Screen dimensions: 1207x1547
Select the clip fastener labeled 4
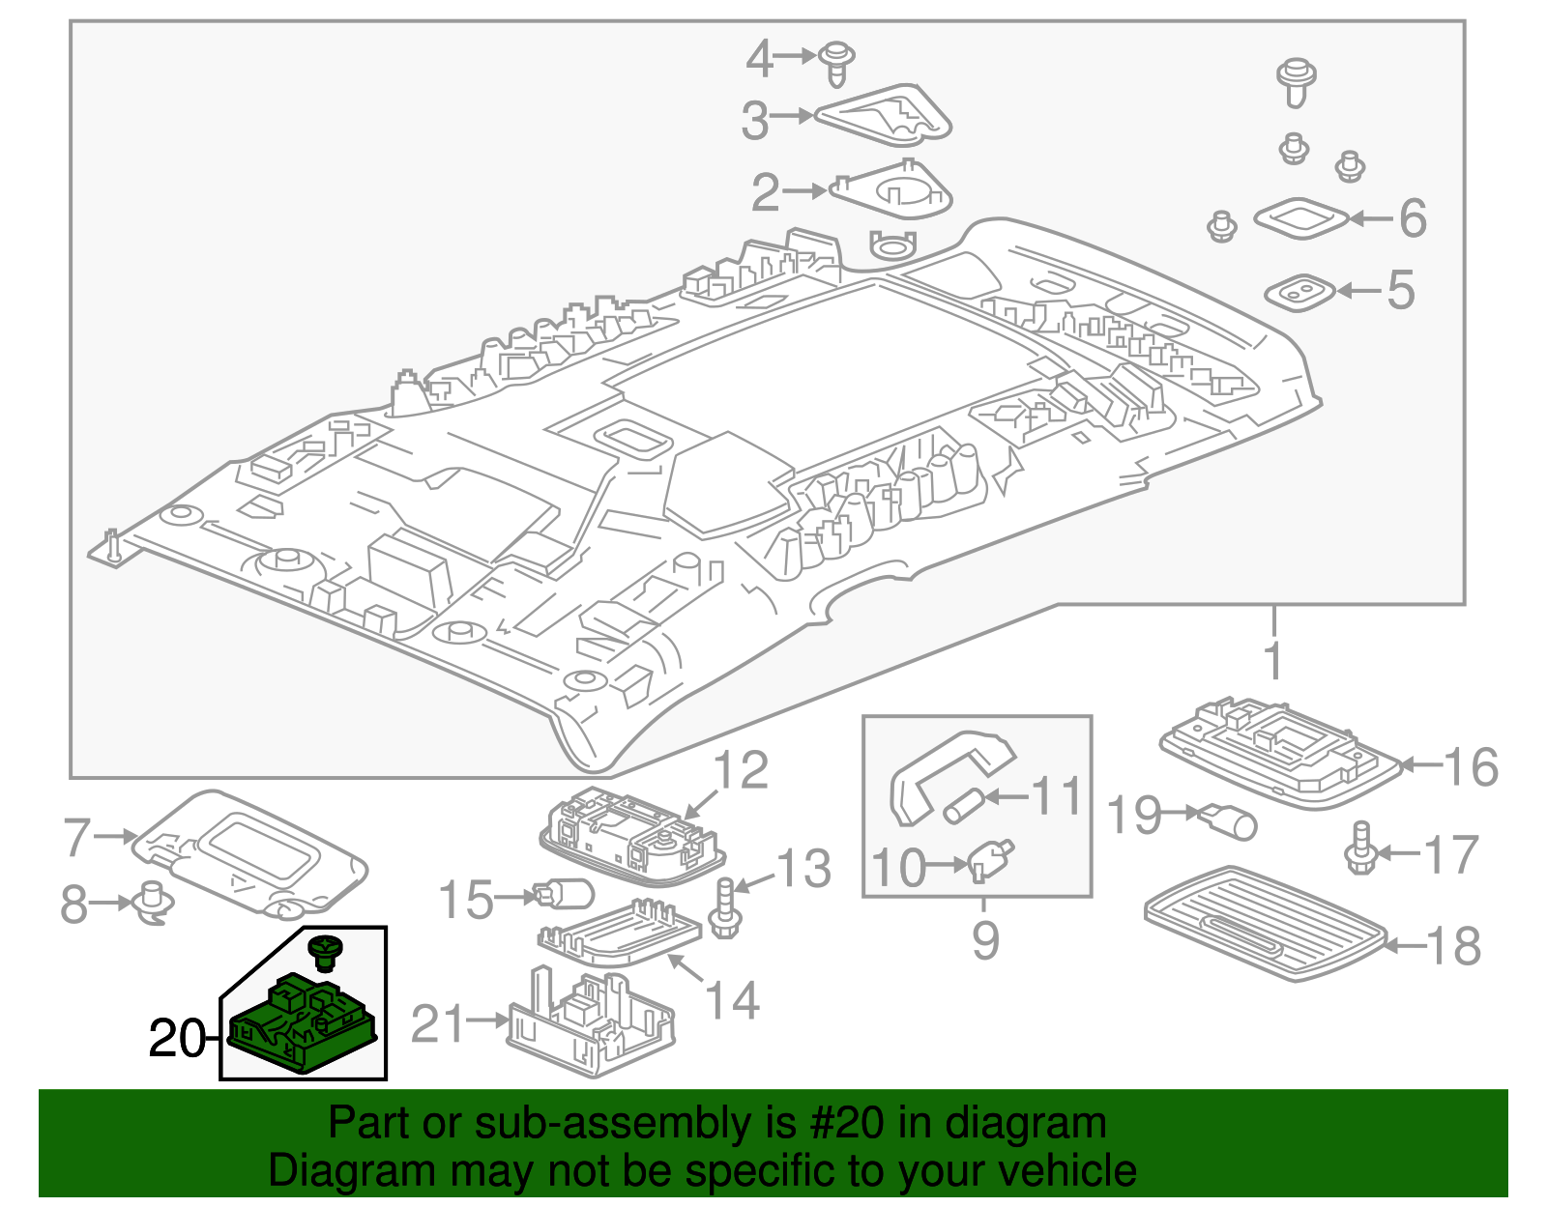[837, 63]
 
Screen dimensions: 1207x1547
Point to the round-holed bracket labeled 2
[892, 191]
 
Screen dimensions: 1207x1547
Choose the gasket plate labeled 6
[1300, 218]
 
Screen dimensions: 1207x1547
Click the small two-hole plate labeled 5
[1300, 291]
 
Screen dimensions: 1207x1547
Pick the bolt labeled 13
[724, 908]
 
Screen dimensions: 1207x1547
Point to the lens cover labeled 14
[619, 934]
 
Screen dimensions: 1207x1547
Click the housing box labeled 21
[590, 1023]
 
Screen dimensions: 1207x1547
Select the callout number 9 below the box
[984, 938]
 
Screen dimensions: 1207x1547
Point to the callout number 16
[1471, 767]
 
